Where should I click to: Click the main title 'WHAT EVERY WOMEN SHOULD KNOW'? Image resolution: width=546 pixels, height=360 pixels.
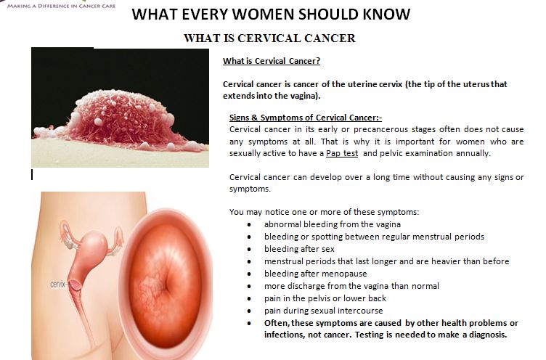pyautogui.click(x=271, y=15)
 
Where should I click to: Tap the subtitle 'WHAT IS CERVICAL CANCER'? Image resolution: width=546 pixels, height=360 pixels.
pyautogui.click(x=269, y=38)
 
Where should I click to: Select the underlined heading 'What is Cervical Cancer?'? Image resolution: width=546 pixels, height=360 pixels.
pyautogui.click(x=272, y=61)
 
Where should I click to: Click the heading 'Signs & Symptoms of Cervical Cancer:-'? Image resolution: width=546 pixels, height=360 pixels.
pyautogui.click(x=306, y=118)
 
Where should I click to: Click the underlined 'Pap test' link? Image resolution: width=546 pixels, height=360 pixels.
pyautogui.click(x=341, y=153)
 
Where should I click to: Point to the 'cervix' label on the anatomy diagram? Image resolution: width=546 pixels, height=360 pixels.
pyautogui.click(x=58, y=285)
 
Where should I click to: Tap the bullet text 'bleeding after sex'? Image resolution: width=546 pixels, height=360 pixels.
pyautogui.click(x=299, y=249)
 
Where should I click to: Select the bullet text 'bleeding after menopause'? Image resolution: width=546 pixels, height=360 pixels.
pyautogui.click(x=316, y=274)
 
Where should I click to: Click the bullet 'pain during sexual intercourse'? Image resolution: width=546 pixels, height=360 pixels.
pyautogui.click(x=324, y=311)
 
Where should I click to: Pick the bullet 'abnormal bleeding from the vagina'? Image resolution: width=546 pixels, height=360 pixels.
pyautogui.click(x=333, y=224)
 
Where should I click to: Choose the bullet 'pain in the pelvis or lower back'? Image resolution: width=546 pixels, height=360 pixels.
pyautogui.click(x=325, y=298)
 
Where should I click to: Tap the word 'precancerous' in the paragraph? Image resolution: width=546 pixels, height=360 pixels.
pyautogui.click(x=380, y=129)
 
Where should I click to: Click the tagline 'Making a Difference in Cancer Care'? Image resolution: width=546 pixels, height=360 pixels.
pyautogui.click(x=61, y=6)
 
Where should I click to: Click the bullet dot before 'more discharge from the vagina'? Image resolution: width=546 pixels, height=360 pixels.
pyautogui.click(x=249, y=286)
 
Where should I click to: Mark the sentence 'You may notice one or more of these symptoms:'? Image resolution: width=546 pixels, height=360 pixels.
pyautogui.click(x=324, y=212)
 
